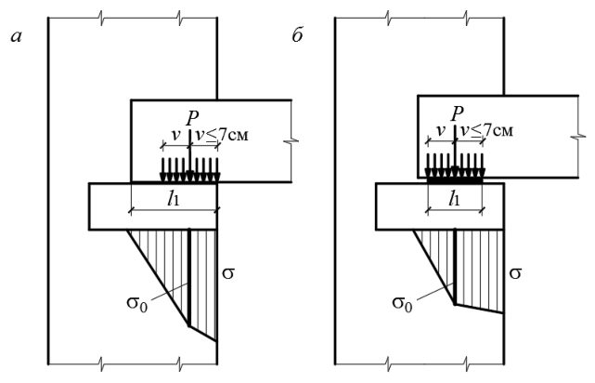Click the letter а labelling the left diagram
[17, 37]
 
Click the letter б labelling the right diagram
[297, 35]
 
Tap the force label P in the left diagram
[192, 119]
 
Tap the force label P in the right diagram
[458, 113]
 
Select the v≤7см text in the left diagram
[222, 134]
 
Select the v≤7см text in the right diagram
[486, 130]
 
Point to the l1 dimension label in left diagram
[173, 198]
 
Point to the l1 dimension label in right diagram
[454, 198]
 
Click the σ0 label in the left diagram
[137, 303]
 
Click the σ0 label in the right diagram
[402, 303]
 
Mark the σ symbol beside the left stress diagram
[228, 272]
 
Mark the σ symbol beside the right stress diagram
[515, 272]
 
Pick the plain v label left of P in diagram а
[175, 136]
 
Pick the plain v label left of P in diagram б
[440, 131]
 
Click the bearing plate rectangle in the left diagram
[153, 206]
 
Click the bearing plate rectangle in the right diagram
[440, 206]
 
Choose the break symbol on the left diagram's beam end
[291, 141]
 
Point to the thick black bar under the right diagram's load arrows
[455, 181]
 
